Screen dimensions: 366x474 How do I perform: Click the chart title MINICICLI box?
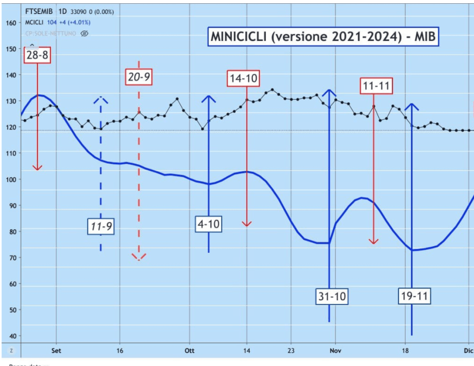pyautogui.click(x=323, y=37)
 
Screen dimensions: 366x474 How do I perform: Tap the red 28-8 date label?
pyautogui.click(x=38, y=56)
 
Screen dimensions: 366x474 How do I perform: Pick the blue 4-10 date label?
pyautogui.click(x=209, y=225)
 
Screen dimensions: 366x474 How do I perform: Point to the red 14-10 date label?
pyautogui.click(x=243, y=78)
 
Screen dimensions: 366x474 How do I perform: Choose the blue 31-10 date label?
pyautogui.click(x=332, y=296)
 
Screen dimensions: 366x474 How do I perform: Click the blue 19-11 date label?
pyautogui.click(x=414, y=295)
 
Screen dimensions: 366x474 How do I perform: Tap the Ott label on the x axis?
pyautogui.click(x=189, y=351)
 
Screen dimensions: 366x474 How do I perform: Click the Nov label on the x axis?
pyautogui.click(x=335, y=351)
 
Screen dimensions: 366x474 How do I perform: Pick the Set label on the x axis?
pyautogui.click(x=56, y=351)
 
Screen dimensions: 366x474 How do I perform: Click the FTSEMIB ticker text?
pyautogui.click(x=39, y=12)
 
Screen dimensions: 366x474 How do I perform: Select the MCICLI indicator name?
pyautogui.click(x=35, y=22)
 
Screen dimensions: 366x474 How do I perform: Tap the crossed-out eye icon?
pyautogui.click(x=84, y=33)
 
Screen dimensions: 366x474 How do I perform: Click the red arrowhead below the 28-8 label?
pyautogui.click(x=38, y=167)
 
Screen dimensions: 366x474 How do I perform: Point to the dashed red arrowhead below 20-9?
pyautogui.click(x=139, y=257)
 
